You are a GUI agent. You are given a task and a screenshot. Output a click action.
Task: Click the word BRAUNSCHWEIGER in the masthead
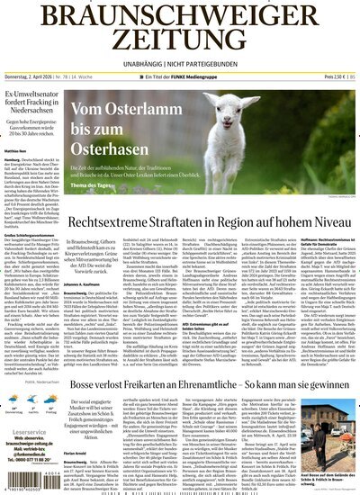[x=180, y=15]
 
